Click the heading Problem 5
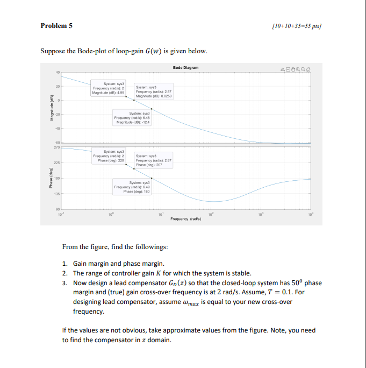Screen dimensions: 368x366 56,25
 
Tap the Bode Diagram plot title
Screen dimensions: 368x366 185,67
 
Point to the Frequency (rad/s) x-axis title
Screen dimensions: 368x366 185,219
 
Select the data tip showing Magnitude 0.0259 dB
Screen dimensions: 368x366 153,92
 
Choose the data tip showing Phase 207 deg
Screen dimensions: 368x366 153,160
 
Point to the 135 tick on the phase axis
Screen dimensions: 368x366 58,194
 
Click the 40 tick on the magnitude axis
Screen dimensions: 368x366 58,73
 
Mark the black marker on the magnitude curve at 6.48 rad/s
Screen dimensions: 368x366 152,108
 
